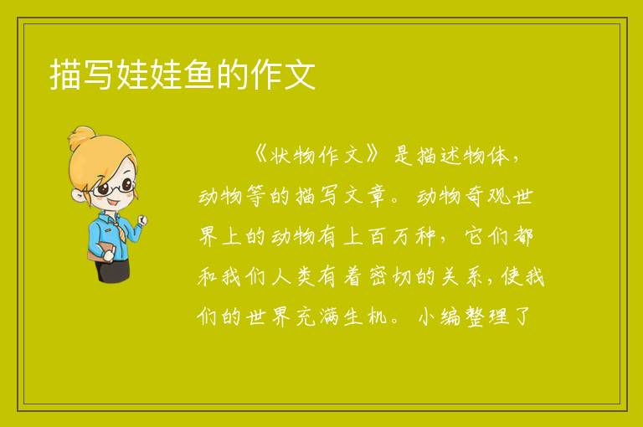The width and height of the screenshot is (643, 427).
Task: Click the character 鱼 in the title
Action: click(199, 75)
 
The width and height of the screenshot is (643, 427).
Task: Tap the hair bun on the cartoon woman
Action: click(81, 137)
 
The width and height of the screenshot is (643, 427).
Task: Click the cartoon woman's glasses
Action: click(114, 187)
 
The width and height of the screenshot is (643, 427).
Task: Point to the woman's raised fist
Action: click(142, 220)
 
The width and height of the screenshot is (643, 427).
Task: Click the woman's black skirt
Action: click(112, 270)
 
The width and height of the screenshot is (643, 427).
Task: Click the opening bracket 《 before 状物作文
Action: click(261, 155)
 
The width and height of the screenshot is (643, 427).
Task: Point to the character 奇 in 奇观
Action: click(475, 196)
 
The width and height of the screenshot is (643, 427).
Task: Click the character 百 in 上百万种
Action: click(378, 236)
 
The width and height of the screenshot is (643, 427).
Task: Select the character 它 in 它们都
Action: click(475, 236)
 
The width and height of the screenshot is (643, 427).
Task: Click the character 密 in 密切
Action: click(378, 276)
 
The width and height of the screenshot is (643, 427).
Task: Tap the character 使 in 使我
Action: click(511, 276)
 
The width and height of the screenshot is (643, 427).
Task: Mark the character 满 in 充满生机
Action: click(329, 316)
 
